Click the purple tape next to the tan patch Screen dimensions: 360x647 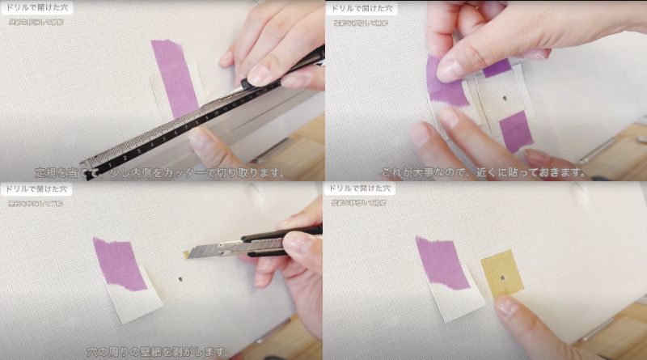441,264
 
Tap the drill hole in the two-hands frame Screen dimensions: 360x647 504,99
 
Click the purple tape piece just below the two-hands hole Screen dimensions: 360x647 516,130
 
